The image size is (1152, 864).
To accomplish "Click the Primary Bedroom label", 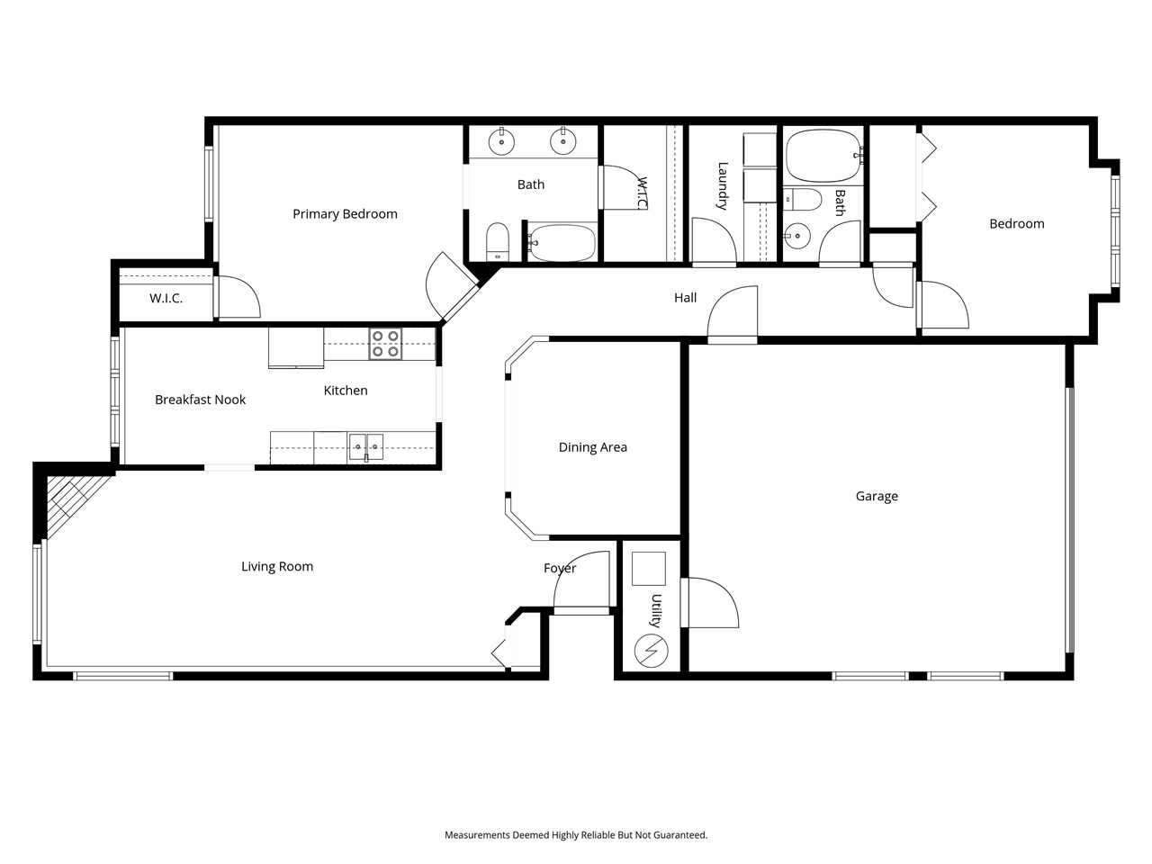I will pos(345,214).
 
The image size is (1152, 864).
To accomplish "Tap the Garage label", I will pos(876,496).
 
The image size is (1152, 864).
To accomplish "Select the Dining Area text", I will pos(592,447).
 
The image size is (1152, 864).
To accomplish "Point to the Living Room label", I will pos(277,566).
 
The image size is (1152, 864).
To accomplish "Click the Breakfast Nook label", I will pos(200,400).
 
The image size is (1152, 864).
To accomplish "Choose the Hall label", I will pos(685,298).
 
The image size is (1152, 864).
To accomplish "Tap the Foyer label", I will pos(559,568).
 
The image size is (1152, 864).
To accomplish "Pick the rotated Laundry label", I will pos(722,185).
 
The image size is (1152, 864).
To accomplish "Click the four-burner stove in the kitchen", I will pos(385,344).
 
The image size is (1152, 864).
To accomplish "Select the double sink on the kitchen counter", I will pos(366,444).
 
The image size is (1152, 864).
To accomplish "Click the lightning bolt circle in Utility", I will pos(651,649).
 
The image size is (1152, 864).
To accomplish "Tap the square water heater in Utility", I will pos(648,569).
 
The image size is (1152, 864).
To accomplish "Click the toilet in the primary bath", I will pos(498,241).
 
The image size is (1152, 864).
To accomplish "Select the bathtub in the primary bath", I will pos(562,242).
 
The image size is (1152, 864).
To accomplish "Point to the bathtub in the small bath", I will pos(822,157).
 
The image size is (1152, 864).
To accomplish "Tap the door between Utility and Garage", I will pos(709,601).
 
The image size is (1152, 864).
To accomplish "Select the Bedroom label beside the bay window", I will pos(1016,224).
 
